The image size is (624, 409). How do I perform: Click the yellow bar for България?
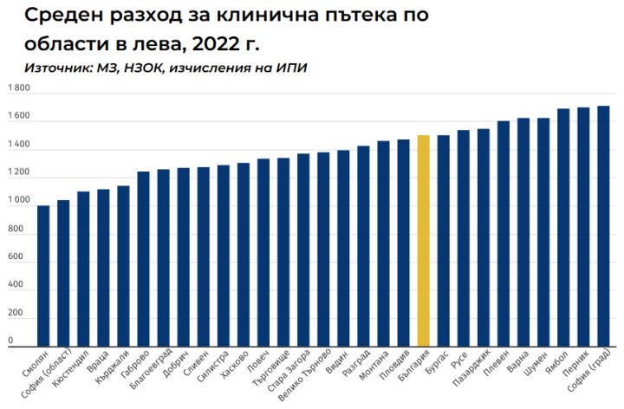(423, 241)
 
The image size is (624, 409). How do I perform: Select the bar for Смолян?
(43, 276)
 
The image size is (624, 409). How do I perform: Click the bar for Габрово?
(143, 259)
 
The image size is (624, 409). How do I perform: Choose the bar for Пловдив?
(403, 243)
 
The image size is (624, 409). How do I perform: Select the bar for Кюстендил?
(83, 269)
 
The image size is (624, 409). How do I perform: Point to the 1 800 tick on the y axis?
(18, 88)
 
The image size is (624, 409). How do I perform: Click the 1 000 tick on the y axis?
(18, 202)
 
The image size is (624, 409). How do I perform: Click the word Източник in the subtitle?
(61, 68)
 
